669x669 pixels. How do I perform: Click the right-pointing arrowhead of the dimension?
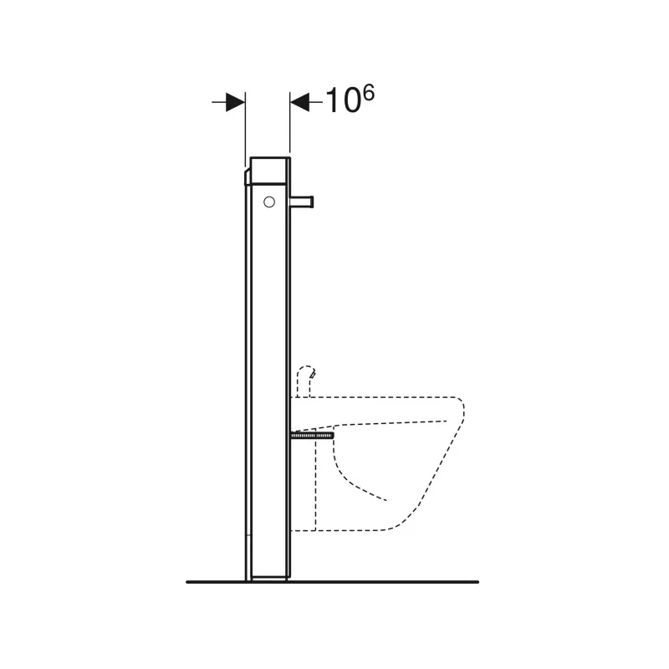(x=235, y=102)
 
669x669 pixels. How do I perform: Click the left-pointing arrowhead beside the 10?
(x=299, y=102)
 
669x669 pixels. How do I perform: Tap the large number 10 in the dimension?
(x=344, y=101)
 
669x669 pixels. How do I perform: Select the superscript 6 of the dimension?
(x=369, y=92)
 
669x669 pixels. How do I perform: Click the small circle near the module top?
(x=269, y=202)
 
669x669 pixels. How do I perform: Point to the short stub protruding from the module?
(x=302, y=202)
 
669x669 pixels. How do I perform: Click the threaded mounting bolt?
(x=312, y=436)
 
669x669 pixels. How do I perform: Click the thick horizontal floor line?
(x=332, y=582)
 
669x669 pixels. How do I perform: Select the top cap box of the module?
(x=270, y=171)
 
